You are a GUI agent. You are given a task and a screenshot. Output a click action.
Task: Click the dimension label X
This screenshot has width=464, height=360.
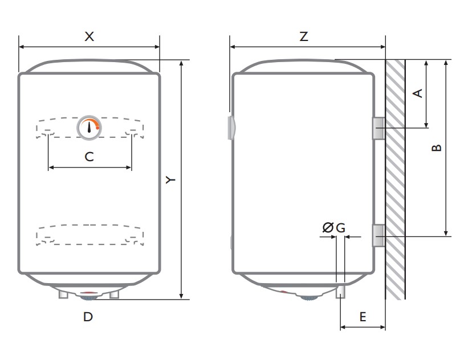pos(89,36)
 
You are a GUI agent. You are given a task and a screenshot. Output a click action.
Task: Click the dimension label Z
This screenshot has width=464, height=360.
pos(304,36)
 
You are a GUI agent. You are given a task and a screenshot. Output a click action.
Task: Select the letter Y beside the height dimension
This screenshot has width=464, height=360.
pos(170,179)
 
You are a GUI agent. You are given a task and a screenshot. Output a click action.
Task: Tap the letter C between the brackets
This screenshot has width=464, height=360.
pos(89,157)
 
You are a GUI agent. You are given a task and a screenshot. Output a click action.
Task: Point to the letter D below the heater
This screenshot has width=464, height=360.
pos(88,317)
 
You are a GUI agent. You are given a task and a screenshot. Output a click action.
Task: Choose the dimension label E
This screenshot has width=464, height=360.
pos(363,317)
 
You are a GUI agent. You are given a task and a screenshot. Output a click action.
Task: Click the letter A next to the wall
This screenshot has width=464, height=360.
pos(417,93)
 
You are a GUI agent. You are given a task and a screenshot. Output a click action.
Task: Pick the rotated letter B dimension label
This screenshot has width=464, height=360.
pos(437,148)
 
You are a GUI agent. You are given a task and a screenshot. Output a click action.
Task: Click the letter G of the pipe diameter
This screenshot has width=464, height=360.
pos(341,228)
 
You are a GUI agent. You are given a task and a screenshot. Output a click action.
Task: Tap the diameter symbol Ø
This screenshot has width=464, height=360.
pos(328,227)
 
